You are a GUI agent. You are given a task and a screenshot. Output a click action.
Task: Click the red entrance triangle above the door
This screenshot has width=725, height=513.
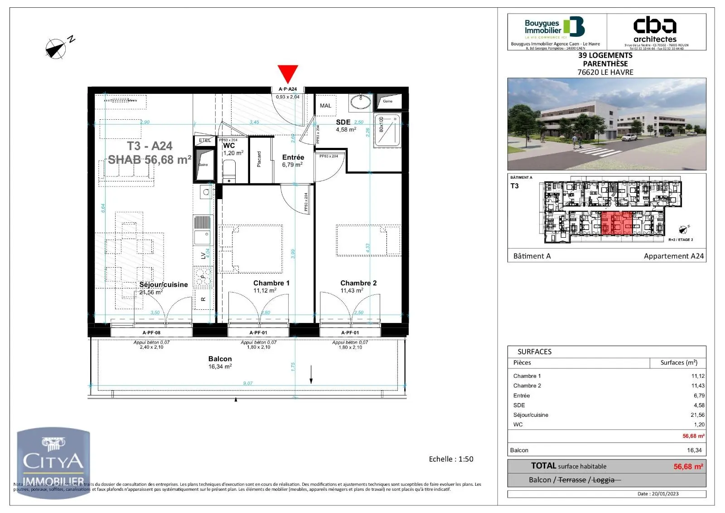(288, 73)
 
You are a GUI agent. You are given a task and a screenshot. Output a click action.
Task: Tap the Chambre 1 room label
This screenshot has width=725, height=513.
(271, 283)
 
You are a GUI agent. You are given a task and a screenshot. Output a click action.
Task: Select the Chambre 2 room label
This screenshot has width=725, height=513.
(358, 283)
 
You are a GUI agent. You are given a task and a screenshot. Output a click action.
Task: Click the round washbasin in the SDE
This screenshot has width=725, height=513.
(361, 103)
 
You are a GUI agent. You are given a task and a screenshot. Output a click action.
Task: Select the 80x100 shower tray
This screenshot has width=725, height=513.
(388, 130)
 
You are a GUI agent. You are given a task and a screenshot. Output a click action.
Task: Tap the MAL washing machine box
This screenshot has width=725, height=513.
(325, 106)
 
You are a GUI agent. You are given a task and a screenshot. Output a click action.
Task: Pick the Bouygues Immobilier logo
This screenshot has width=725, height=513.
(555, 28)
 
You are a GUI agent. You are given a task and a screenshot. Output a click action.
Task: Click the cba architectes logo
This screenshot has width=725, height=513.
(655, 29)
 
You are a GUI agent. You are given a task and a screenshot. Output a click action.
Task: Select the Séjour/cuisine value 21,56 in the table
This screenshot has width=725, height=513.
(697, 415)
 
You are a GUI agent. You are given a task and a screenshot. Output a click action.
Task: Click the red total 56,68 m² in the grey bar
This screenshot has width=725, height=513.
(688, 467)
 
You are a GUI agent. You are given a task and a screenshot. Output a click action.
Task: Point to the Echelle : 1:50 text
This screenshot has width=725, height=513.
(451, 459)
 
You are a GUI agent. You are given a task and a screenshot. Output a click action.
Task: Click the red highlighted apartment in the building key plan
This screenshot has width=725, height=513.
(616, 223)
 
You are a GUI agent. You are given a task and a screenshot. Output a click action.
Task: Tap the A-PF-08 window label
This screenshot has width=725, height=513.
(151, 332)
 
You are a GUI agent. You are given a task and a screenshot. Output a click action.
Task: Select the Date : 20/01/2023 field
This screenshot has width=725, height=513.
(658, 494)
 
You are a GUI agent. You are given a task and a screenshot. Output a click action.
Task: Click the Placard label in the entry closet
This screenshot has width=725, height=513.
(259, 159)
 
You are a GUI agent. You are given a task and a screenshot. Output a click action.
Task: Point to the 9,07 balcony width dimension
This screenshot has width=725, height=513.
(247, 383)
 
